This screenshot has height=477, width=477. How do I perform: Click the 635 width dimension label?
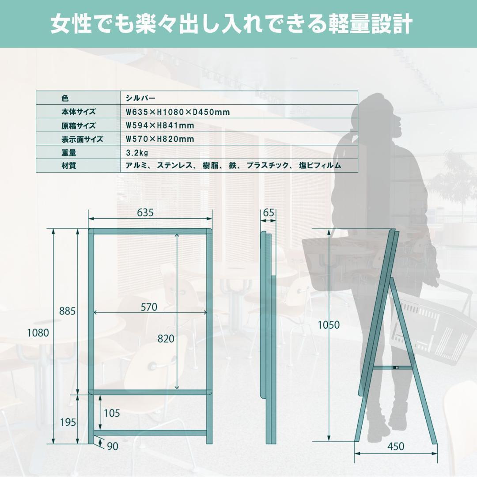[145, 212]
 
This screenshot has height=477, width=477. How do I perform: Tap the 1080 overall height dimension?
[38, 333]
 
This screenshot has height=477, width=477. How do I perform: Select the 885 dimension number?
[68, 311]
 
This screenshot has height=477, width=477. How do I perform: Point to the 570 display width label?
[149, 307]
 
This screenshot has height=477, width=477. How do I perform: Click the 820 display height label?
[166, 339]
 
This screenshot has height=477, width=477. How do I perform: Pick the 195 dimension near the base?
[68, 422]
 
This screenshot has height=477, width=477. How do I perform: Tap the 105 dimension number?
[111, 413]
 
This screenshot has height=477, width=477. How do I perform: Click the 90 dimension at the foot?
[113, 447]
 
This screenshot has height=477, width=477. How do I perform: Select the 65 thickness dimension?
[269, 212]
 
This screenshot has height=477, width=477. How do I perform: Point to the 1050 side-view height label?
[329, 325]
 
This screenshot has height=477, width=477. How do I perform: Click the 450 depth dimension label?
[395, 447]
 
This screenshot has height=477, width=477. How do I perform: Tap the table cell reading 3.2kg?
[136, 153]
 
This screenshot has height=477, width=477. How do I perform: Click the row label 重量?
[69, 153]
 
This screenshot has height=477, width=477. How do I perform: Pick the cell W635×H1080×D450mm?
[178, 112]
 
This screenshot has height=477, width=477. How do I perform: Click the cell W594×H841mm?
[160, 125]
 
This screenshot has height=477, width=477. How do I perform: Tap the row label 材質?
[69, 166]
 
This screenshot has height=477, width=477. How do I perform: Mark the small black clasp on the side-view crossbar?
[396, 367]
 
